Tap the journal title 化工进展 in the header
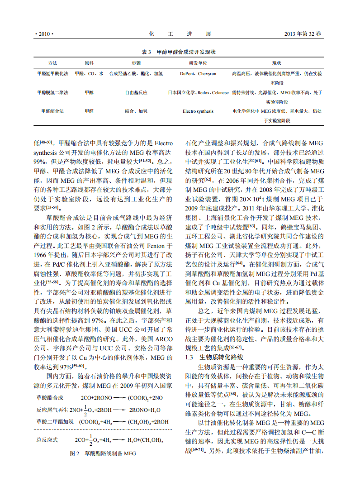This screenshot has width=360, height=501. click(180, 34)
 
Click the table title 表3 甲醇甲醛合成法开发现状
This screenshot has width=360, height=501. click(180, 52)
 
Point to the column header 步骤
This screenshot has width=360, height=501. click(136, 63)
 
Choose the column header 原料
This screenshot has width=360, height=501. click(89, 63)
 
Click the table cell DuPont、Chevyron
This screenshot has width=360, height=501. click(198, 73)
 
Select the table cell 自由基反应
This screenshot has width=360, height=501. click(136, 92)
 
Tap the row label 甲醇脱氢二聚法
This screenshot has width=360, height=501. click(52, 92)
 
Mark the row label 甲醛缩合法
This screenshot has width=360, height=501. click(52, 111)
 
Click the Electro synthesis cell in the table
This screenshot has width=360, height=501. click(198, 111)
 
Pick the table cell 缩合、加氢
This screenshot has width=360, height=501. click(136, 111)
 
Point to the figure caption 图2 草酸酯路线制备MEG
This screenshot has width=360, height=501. click(103, 453)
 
